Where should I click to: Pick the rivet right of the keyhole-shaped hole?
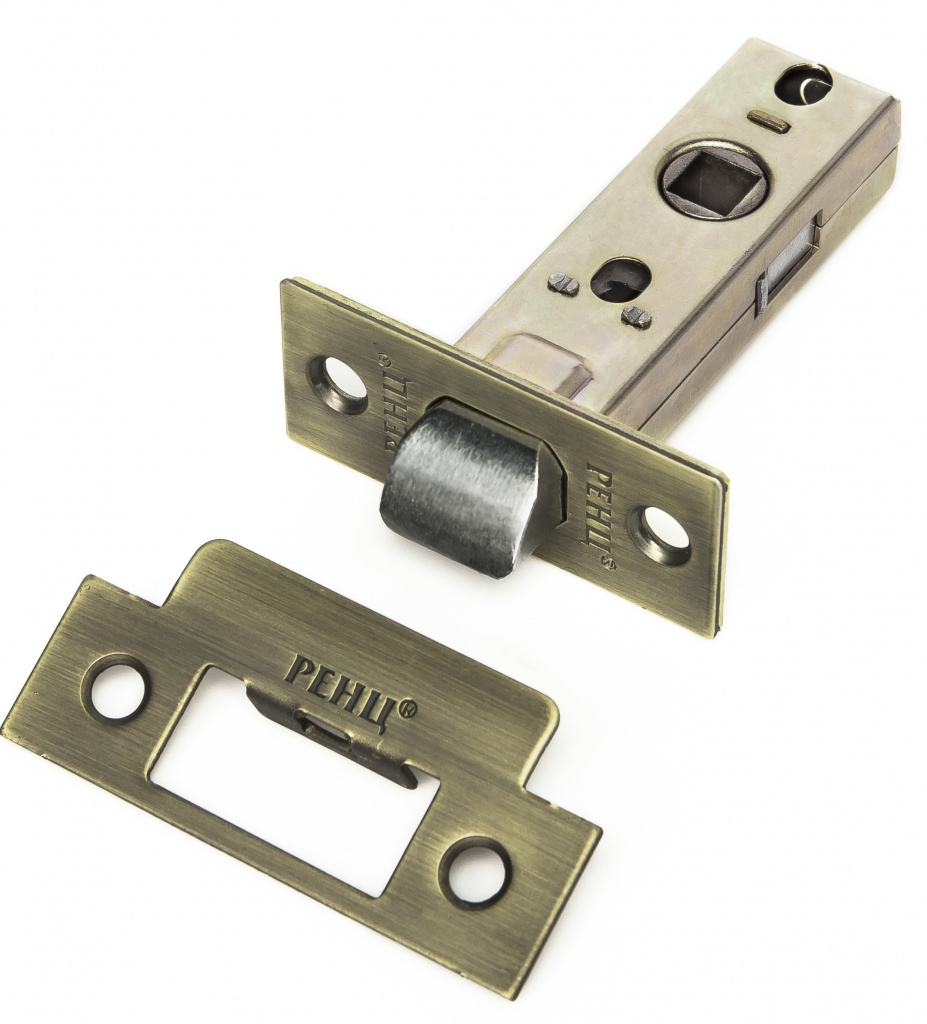(637, 316)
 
